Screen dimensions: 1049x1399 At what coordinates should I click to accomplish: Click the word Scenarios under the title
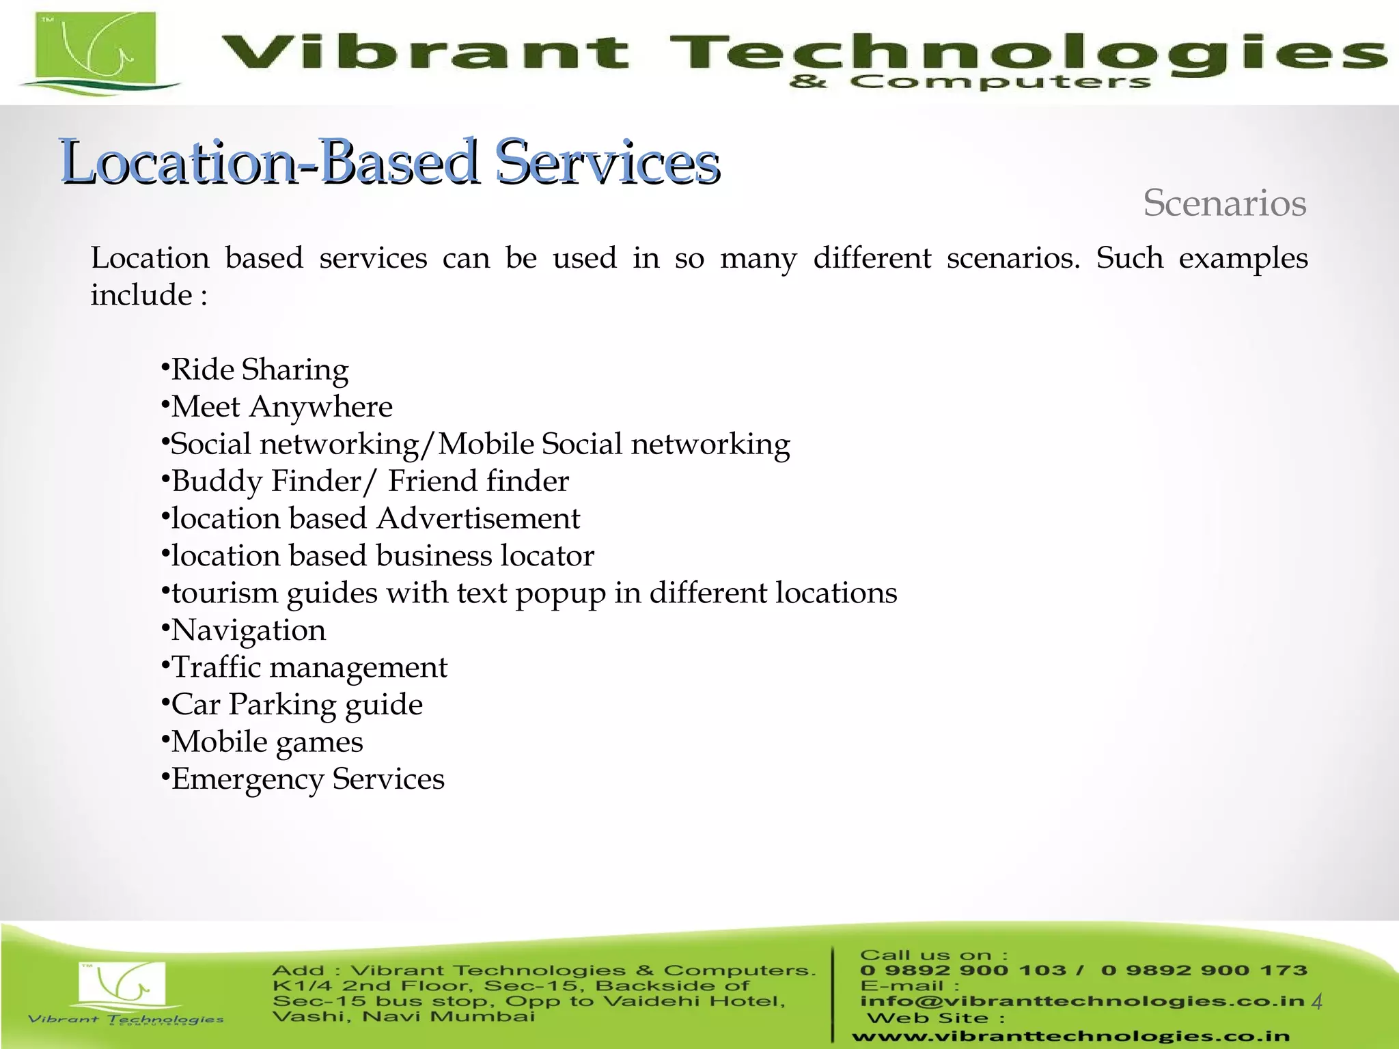click(1224, 204)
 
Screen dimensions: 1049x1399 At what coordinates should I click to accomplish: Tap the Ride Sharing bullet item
click(259, 370)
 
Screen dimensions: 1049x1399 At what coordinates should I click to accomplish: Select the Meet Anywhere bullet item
click(281, 407)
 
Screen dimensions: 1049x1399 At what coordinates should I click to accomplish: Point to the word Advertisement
click(478, 519)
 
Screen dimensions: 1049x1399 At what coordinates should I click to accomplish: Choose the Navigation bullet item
click(248, 630)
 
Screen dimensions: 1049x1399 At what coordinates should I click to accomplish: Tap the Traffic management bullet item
click(309, 668)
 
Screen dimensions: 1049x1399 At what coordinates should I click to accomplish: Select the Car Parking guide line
click(296, 705)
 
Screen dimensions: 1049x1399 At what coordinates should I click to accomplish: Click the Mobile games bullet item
click(266, 742)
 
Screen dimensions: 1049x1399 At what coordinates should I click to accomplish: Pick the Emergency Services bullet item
click(307, 779)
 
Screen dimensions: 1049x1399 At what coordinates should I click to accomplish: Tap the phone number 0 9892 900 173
click(1204, 970)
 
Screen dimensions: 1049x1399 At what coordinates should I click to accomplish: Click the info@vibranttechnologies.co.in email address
click(1082, 1001)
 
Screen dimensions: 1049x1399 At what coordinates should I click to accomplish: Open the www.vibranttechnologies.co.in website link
click(1070, 1036)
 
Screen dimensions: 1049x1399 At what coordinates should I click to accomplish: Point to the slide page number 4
click(1317, 1002)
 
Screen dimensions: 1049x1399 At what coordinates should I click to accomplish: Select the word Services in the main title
click(607, 163)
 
